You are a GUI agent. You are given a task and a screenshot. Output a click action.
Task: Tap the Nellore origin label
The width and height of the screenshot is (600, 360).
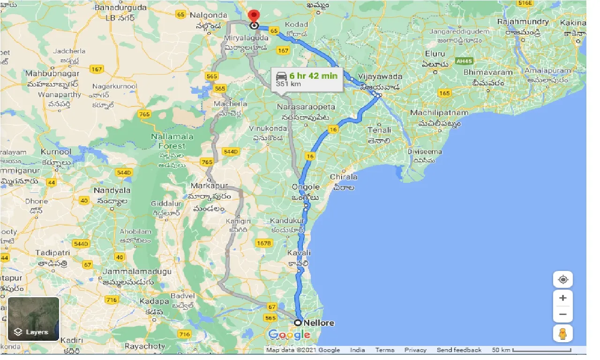click(319, 323)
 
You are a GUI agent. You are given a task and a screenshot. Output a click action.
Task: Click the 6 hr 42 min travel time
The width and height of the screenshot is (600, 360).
click(313, 76)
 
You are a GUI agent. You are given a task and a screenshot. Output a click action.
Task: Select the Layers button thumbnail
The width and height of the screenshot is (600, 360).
click(33, 319)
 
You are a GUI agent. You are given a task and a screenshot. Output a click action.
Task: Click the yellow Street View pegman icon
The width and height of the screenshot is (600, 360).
click(563, 333)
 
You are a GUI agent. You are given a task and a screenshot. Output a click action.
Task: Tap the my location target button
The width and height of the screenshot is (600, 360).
click(563, 280)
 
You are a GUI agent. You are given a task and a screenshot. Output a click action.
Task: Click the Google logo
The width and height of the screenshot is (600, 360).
click(289, 335)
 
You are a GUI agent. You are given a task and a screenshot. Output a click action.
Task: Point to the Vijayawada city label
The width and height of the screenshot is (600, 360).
click(373, 76)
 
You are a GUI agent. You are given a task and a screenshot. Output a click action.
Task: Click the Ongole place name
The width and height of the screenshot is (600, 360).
click(306, 187)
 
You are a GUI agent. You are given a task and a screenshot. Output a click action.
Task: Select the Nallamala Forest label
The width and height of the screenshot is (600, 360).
click(168, 141)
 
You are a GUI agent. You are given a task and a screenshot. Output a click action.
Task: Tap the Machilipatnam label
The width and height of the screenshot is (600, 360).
click(439, 113)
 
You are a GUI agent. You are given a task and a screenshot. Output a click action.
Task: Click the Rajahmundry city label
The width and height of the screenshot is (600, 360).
click(523, 22)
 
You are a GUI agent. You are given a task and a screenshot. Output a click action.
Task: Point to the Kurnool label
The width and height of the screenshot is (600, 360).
click(56, 152)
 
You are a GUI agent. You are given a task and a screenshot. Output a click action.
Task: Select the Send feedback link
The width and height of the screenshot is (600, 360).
click(459, 350)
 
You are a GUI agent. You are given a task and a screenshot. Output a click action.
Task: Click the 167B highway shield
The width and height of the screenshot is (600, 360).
click(263, 243)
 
